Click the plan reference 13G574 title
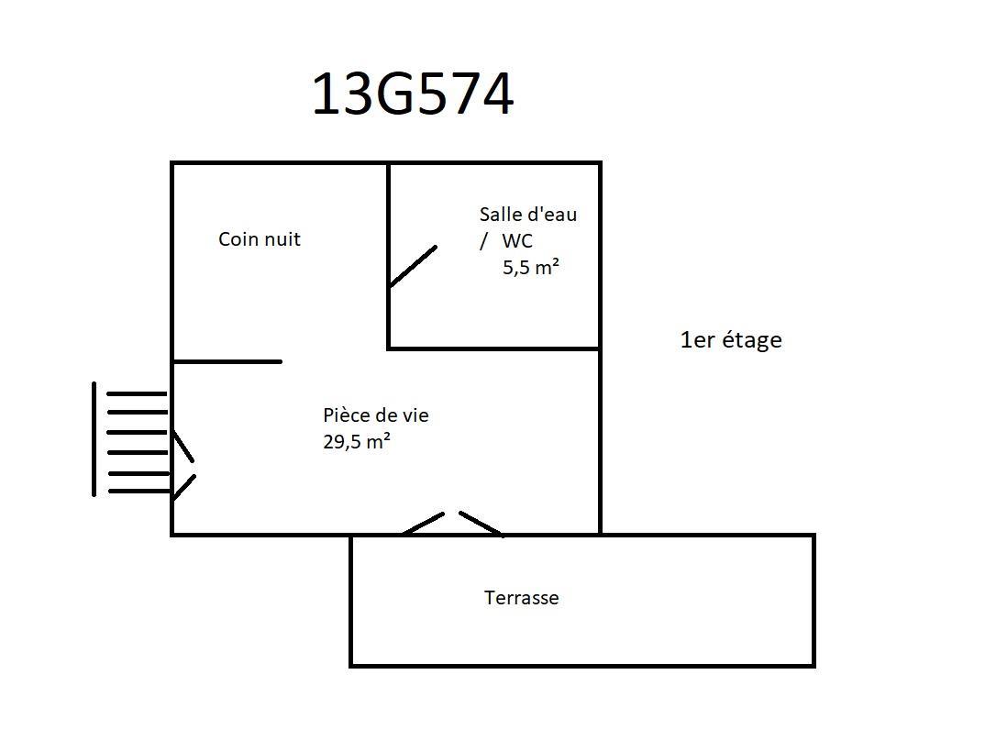tap(413, 94)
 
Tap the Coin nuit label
tap(260, 238)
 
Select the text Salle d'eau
tap(528, 214)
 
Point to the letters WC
tap(517, 240)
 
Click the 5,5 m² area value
tap(531, 267)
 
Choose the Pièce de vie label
tap(376, 415)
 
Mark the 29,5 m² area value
tap(357, 441)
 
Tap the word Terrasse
tap(522, 598)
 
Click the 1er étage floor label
tap(730, 340)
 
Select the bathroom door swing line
tap(413, 266)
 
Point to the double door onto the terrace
tap(453, 524)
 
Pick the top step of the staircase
tap(137, 393)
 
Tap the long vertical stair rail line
tap(94, 439)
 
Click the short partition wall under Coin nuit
tap(227, 362)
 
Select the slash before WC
tap(484, 241)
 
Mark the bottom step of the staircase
tap(139, 491)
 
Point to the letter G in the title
tap(395, 94)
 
